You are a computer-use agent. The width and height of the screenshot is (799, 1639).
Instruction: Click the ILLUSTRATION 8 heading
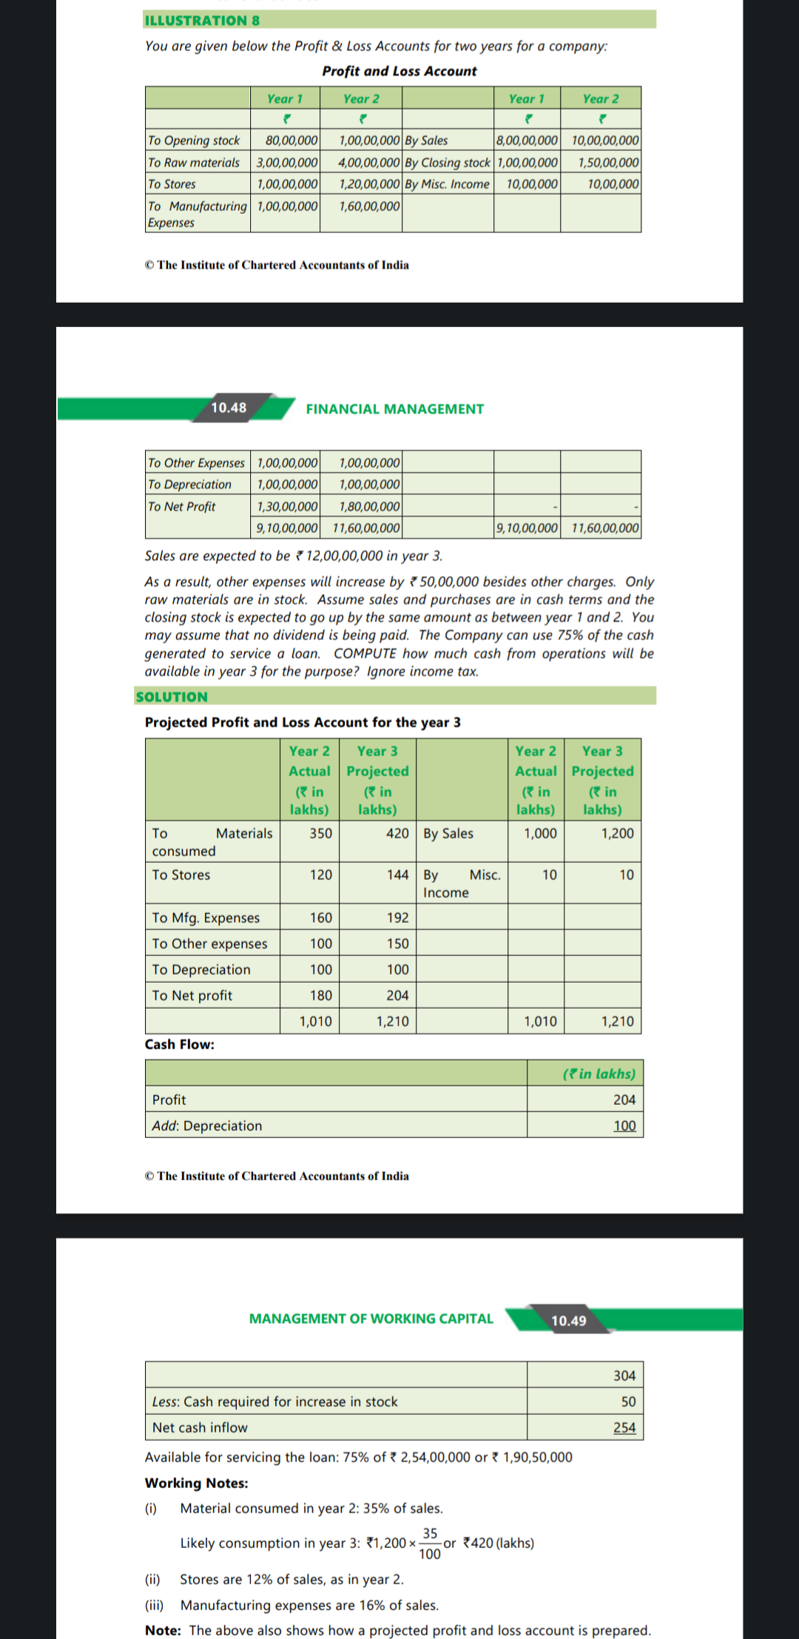pos(202,21)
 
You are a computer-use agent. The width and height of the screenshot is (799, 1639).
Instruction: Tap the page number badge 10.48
pos(229,408)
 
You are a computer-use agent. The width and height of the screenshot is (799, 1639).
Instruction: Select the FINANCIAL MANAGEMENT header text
pos(394,409)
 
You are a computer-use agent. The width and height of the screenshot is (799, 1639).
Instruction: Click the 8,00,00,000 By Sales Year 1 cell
pos(527,141)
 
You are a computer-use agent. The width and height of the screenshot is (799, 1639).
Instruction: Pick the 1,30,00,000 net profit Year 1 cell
pos(287,507)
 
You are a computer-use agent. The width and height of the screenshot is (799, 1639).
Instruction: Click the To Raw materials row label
pos(194,163)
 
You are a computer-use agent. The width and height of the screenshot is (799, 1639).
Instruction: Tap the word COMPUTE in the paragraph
pos(365,653)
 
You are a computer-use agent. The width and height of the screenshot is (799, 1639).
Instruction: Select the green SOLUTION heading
pos(172,697)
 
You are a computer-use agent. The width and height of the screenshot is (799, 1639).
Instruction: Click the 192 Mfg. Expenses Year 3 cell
pos(397,918)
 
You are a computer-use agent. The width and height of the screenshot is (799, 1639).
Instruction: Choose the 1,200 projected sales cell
pos(617,833)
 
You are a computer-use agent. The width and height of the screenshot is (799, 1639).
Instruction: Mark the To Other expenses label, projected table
pos(209,943)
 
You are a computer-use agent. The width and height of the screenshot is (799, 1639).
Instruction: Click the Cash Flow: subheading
pos(180,1044)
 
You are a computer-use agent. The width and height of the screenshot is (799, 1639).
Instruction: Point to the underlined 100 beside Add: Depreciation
pos(624,1125)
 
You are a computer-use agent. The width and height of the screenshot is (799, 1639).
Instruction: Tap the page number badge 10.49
pos(568,1321)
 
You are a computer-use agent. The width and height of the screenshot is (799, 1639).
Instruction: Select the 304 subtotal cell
pos(624,1376)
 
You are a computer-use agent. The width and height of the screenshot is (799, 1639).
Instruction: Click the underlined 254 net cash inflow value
pos(624,1427)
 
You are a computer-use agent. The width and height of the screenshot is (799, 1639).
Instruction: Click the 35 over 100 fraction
pos(430,1544)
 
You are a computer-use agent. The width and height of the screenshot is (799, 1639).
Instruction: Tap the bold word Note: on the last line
pos(163,1630)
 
